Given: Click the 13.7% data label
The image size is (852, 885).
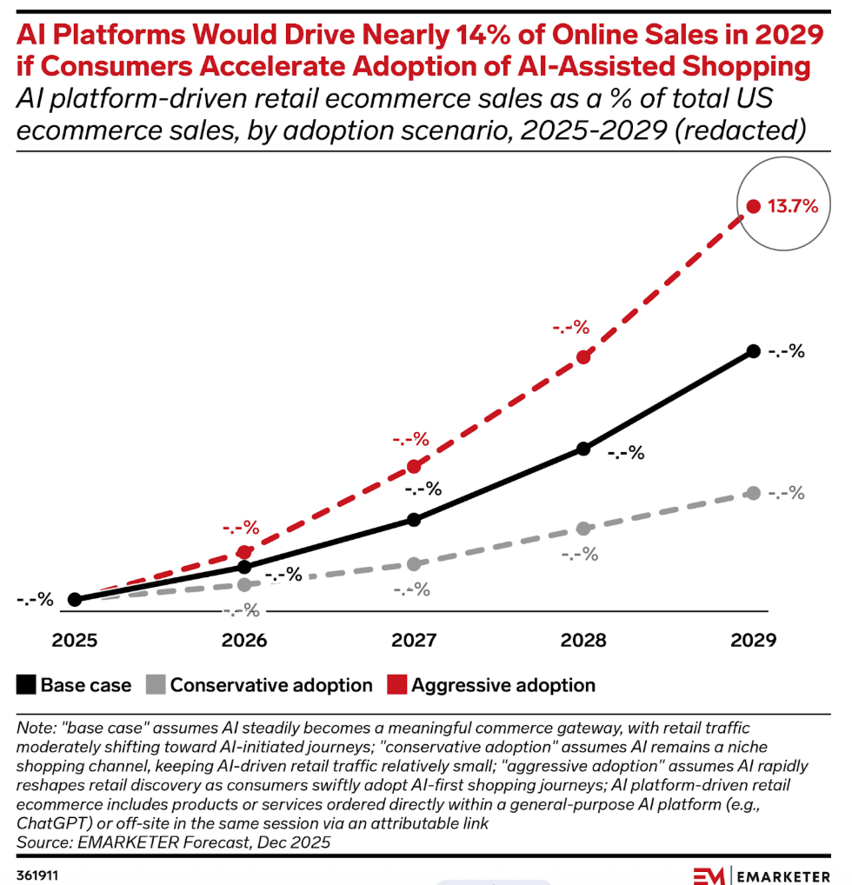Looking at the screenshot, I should [792, 207].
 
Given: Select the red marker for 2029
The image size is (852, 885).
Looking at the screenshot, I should [754, 207].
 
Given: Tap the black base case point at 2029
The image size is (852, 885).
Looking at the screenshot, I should [754, 351].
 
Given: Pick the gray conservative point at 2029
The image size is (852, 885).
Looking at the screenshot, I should [754, 493].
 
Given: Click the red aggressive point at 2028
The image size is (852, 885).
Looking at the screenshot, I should [584, 356].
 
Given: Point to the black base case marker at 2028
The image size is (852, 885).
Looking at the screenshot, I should [584, 449].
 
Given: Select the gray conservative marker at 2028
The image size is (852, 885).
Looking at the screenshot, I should [584, 529].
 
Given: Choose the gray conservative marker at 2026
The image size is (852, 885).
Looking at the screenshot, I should [245, 584].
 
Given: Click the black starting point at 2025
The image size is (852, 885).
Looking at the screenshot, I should [75, 599].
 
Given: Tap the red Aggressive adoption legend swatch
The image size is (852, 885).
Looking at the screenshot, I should [396, 685].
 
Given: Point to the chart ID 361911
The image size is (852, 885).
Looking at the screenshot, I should [40, 873].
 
